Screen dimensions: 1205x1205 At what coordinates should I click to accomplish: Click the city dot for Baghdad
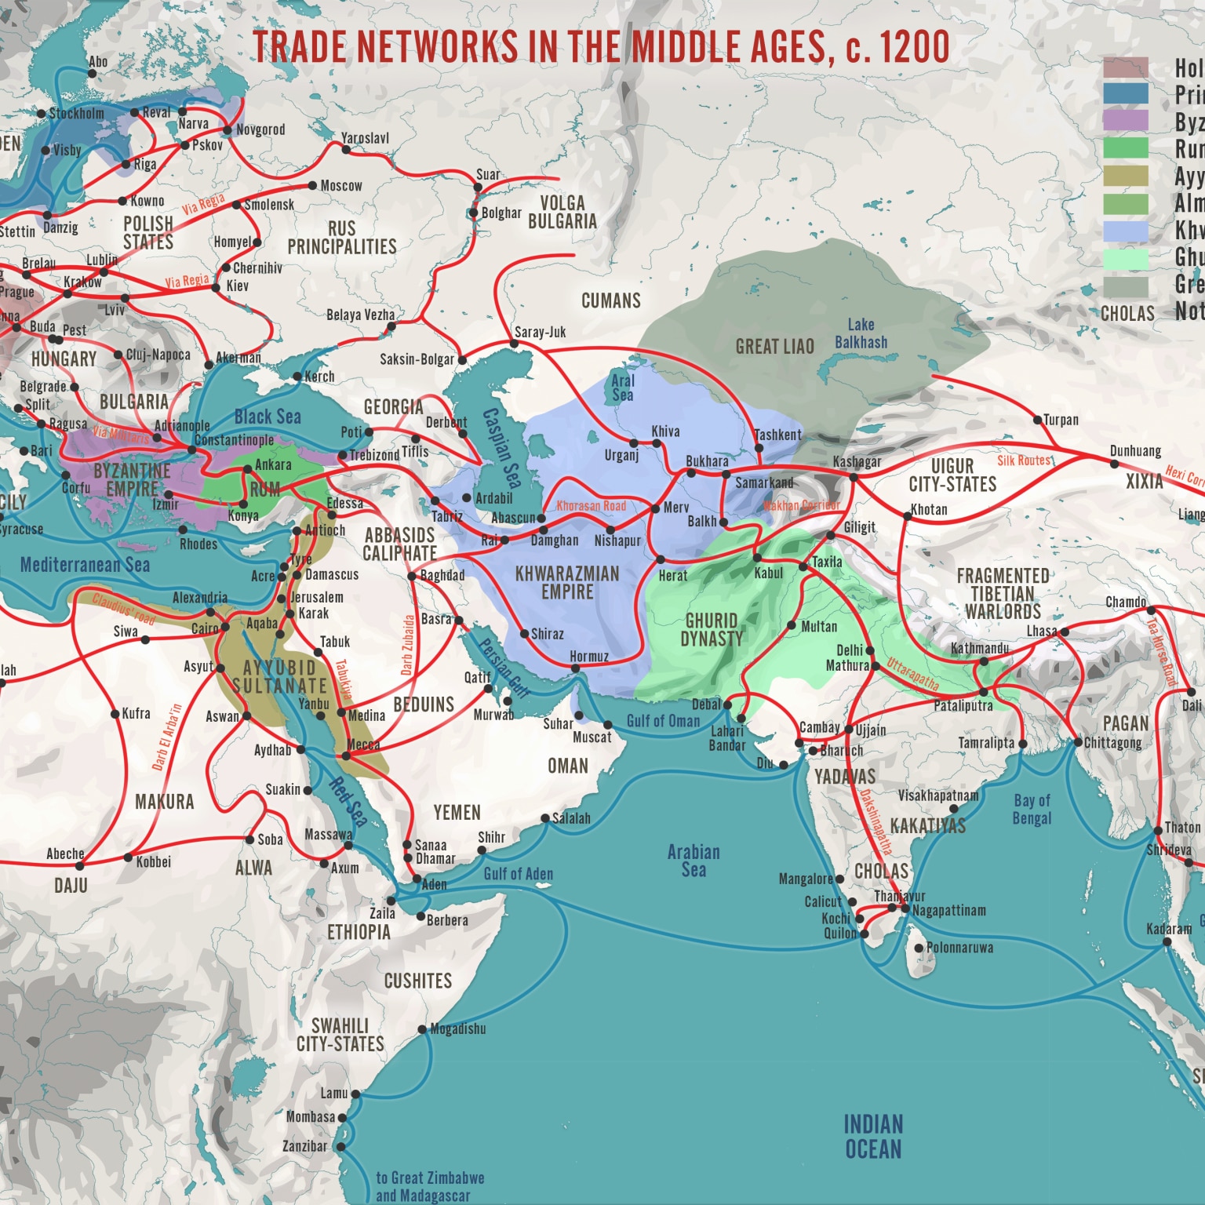[412, 576]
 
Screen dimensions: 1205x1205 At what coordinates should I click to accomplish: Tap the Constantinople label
[234, 440]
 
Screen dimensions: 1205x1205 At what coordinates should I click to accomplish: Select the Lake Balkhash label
[861, 333]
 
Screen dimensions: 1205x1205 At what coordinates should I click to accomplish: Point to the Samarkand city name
[763, 482]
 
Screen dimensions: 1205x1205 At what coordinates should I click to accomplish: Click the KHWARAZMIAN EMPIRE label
[566, 583]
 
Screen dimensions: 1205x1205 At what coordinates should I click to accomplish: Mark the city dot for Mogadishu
[423, 1029]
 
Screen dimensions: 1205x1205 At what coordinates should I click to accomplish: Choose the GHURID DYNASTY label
[711, 630]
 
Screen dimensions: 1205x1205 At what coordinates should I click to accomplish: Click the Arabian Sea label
[693, 861]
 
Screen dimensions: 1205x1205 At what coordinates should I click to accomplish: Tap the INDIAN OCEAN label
[872, 1137]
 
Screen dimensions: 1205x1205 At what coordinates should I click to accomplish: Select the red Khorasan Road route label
[591, 506]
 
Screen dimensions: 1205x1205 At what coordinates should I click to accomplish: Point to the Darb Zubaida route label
[407, 645]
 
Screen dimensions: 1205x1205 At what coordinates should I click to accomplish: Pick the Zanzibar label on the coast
[304, 1146]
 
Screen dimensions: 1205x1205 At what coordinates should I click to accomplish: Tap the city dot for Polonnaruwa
[919, 948]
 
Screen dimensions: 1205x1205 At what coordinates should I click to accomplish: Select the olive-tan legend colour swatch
[1125, 176]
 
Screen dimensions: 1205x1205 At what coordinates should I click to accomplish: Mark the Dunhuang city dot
[1114, 464]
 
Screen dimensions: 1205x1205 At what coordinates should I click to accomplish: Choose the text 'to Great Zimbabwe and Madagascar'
[429, 1186]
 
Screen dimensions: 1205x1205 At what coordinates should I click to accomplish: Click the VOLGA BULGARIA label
[562, 212]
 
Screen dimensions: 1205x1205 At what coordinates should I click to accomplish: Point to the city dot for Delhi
[869, 650]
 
